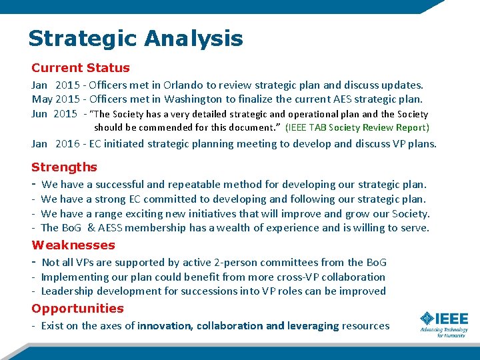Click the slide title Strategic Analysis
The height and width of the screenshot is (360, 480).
135,38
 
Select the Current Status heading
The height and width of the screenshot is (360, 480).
81,68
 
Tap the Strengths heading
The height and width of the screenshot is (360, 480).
64,167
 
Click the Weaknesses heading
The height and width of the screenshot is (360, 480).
73,245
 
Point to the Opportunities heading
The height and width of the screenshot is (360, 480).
77,309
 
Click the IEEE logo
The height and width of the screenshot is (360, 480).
443,323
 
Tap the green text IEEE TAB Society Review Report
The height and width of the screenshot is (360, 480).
357,127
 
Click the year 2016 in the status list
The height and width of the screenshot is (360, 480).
67,143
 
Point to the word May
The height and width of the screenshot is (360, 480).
41,99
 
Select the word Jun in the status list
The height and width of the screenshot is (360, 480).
40,114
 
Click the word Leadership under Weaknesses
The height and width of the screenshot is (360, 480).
68,291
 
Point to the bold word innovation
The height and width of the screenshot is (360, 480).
164,326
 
